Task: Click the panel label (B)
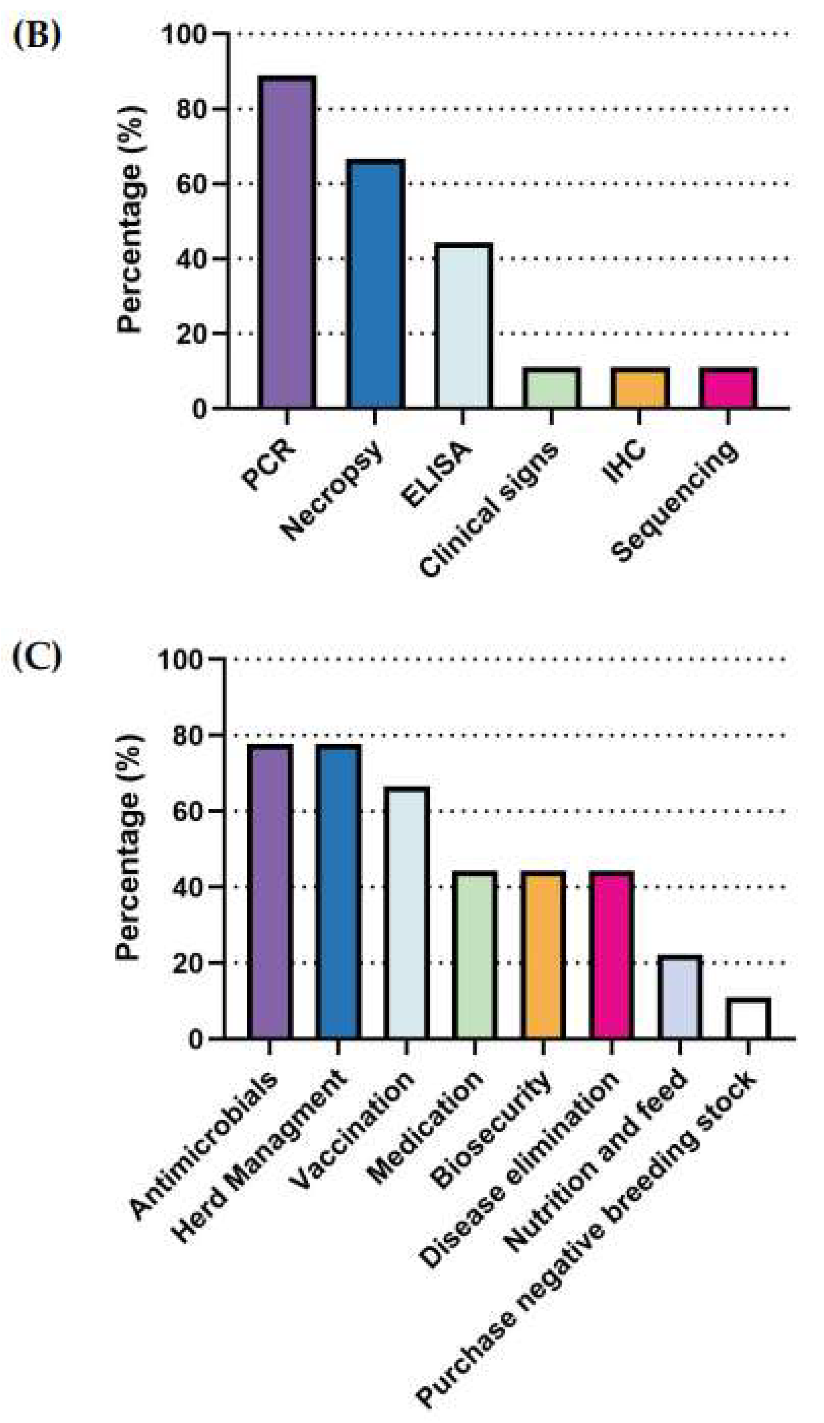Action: (37, 35)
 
